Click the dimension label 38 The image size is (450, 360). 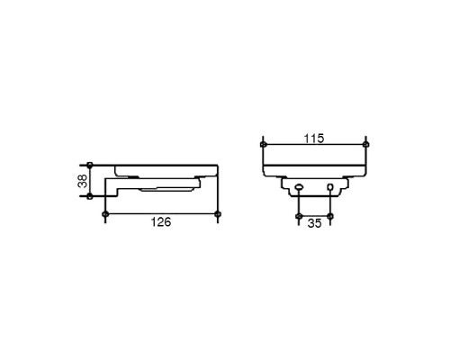82,181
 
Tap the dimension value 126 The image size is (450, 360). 161,222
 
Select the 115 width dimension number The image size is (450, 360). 314,139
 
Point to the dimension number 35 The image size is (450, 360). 314,223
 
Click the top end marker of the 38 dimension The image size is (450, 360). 89,165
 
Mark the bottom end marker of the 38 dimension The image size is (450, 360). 89,196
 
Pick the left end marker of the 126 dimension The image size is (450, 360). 105,214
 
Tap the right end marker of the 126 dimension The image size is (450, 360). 218,214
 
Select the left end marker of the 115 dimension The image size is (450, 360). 263,145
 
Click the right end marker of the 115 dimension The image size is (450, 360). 365,145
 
